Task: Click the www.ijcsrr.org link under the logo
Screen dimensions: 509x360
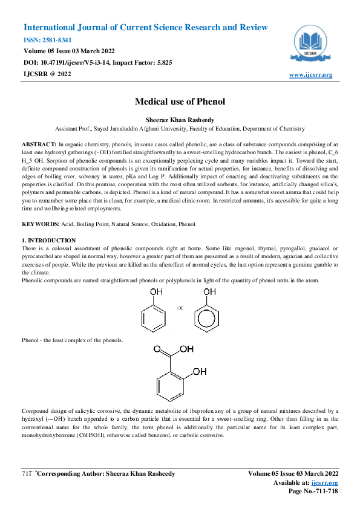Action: (x=310, y=75)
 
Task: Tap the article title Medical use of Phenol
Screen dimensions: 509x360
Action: (x=180, y=102)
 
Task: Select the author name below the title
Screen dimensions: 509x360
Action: (x=180, y=120)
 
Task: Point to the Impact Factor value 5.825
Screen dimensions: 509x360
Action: (x=160, y=62)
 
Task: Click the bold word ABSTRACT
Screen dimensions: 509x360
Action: (x=39, y=146)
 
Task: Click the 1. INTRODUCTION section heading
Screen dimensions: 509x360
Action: (x=48, y=240)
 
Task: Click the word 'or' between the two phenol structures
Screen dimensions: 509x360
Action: (x=180, y=308)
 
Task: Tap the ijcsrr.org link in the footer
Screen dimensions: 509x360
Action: (x=325, y=483)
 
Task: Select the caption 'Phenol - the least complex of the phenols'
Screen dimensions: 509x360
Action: (x=72, y=340)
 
